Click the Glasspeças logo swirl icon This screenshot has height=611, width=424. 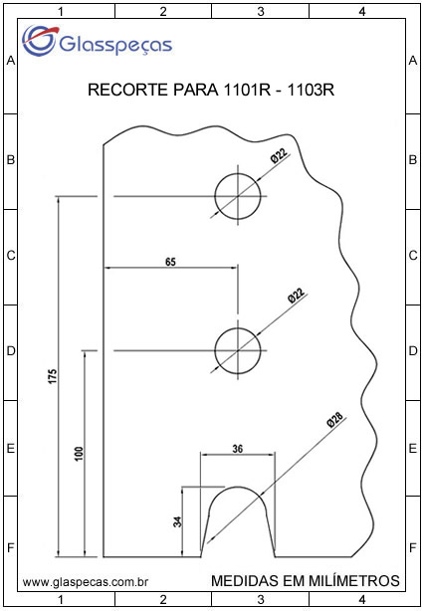click(x=39, y=41)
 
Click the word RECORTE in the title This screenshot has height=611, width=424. click(x=124, y=90)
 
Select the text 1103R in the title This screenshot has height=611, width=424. click(x=311, y=90)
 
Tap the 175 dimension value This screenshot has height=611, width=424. click(x=53, y=376)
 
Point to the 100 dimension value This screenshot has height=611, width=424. click(x=79, y=454)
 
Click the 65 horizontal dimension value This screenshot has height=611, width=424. click(x=170, y=262)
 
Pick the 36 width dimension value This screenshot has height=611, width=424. click(x=237, y=449)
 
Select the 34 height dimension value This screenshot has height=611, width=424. click(x=177, y=521)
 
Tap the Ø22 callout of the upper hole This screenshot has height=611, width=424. click(x=279, y=157)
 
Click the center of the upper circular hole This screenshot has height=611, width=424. click(x=238, y=196)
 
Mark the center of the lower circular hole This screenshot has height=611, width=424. click(x=238, y=350)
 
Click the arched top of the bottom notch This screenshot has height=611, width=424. click(x=238, y=487)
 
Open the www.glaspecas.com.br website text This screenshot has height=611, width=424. click(x=85, y=582)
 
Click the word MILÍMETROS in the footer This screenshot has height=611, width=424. click(x=354, y=580)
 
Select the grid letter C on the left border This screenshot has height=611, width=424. click(x=11, y=256)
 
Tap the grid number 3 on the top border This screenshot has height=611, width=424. click(x=261, y=12)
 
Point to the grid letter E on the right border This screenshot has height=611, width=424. click(x=413, y=449)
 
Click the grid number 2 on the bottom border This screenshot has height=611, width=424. click(x=163, y=598)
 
